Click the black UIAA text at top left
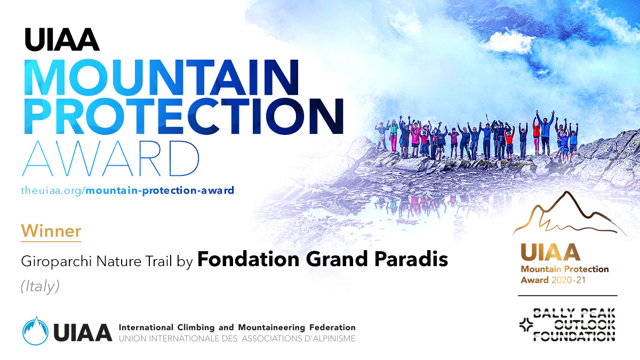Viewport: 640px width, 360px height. pos(62,39)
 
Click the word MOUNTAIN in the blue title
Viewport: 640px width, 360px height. pos(162,77)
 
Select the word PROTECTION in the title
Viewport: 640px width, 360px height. pos(183,117)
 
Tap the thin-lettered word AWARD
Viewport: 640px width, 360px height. pos(110,158)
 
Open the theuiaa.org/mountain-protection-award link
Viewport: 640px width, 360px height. pos(127,190)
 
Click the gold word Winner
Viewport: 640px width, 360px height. pos(51,231)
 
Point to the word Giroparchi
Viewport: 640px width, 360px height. pos(57,261)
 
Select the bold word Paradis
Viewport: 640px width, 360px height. pos(411,259)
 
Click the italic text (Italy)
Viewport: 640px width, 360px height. pos(40,286)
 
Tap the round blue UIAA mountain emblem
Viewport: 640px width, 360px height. pos(35,331)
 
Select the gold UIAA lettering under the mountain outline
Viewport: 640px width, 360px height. pos(550,252)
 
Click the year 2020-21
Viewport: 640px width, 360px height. pos(569,280)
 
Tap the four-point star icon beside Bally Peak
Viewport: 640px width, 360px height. pos(526,325)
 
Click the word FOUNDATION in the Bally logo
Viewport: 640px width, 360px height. pos(574,337)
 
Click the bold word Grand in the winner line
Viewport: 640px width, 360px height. pos(337,259)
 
